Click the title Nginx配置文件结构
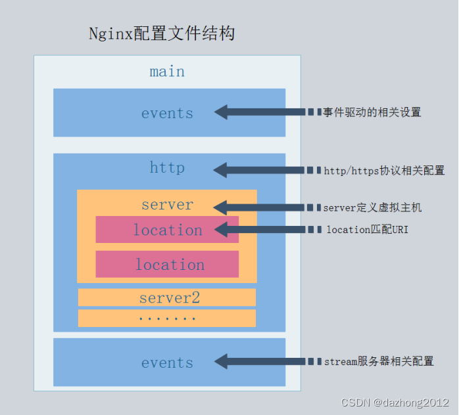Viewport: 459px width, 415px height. coord(162,34)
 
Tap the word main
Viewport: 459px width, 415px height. coord(167,71)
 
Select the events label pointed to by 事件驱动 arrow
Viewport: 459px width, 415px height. coord(167,113)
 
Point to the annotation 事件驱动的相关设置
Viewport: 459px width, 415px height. coord(372,112)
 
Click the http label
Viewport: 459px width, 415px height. coord(167,168)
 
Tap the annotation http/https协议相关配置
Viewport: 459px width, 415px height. coord(384,171)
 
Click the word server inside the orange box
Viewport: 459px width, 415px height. coord(167,205)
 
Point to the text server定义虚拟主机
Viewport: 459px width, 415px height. coord(372,207)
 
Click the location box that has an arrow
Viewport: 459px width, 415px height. coord(167,230)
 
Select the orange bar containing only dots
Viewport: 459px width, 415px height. coord(167,318)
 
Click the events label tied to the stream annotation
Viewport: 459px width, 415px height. coord(167,362)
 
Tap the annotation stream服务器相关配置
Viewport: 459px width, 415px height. coord(379,362)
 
